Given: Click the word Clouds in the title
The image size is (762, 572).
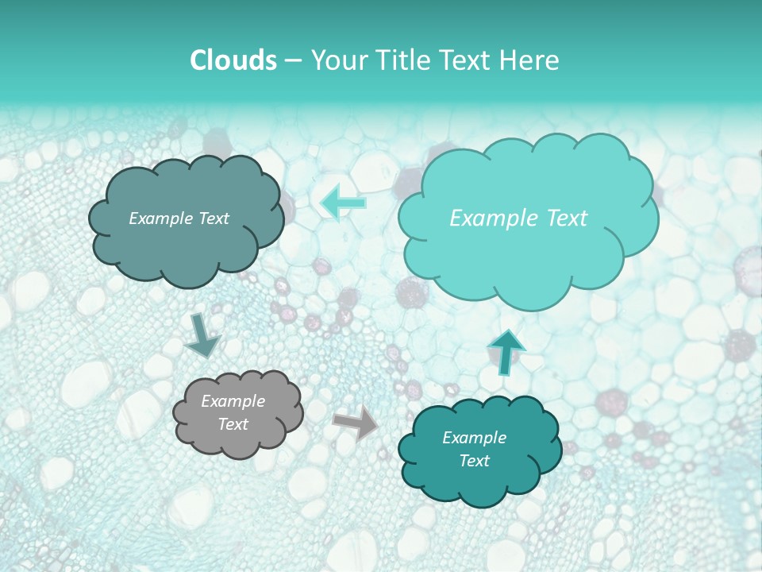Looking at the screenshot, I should (x=233, y=60).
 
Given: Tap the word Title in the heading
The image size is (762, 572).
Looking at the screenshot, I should (x=402, y=60).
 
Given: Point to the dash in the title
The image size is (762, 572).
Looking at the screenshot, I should (x=293, y=61).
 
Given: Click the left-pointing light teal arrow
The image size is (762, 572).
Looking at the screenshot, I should (x=343, y=203).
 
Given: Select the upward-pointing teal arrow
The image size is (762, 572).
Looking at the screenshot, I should (x=506, y=350).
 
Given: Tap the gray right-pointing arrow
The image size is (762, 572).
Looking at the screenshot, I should (x=356, y=422).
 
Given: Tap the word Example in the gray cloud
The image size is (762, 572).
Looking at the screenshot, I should (x=233, y=401).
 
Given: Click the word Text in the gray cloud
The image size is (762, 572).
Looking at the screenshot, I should (x=233, y=424).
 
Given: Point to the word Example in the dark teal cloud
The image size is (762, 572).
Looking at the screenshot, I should (x=474, y=438).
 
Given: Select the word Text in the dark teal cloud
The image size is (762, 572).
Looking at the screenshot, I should (x=474, y=461).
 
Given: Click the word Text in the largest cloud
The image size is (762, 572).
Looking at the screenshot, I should (x=560, y=218).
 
